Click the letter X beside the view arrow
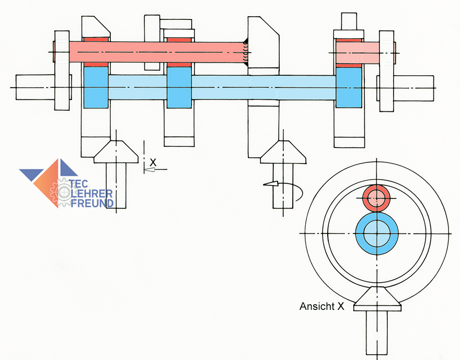tap(153, 162)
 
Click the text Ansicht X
tap(321, 306)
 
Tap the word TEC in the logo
tap(78, 184)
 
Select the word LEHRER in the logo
tap(91, 193)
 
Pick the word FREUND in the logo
tap(92, 203)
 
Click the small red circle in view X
tap(377, 198)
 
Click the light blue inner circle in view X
tap(377, 234)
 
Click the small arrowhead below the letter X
tap(149, 169)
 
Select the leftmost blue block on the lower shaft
tap(96, 87)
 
